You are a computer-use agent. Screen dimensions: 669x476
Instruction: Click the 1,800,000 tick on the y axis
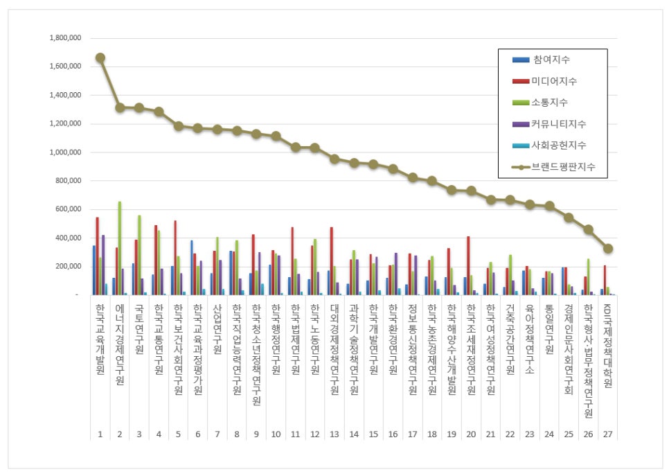65,38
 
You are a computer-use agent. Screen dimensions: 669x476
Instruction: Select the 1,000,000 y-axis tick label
65,152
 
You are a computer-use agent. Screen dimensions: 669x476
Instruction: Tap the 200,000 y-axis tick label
69,266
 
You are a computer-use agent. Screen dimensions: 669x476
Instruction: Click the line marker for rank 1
100,58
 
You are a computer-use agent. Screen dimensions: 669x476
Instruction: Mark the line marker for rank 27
608,249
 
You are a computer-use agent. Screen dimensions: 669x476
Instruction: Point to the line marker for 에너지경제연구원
120,107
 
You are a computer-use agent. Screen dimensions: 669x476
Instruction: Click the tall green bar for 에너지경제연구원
120,248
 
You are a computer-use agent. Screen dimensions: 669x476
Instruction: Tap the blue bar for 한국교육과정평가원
192,267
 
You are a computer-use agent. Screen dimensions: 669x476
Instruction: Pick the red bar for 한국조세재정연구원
468,265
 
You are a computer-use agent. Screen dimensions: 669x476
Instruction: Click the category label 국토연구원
139,328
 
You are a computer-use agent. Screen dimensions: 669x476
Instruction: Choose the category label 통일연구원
549,328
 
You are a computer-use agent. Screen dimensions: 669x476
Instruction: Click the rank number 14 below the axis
354,434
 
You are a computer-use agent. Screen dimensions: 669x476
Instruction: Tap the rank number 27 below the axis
607,434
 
